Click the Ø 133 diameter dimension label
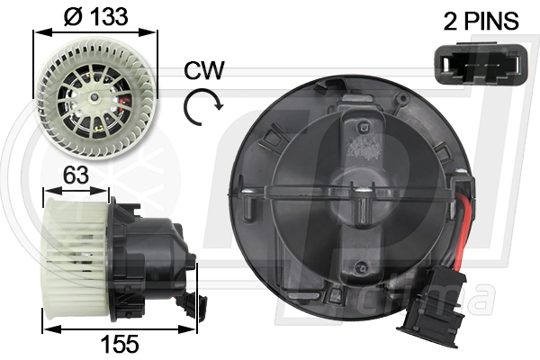point(96,16)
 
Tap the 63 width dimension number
point(76,175)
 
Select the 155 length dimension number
point(120,344)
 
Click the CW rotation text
point(204,70)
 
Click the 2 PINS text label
point(481,21)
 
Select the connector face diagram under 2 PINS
point(481,63)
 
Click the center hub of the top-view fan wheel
point(94,98)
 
